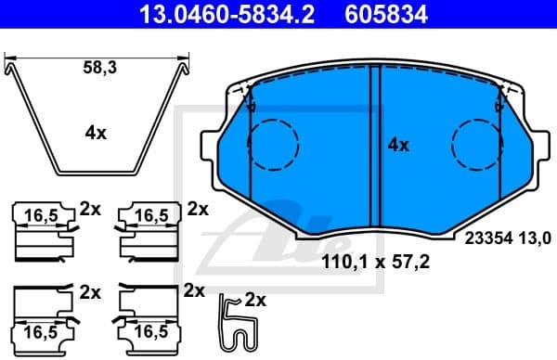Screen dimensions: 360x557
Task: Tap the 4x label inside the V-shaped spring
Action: (x=96, y=133)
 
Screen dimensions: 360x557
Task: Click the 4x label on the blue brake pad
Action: (x=398, y=145)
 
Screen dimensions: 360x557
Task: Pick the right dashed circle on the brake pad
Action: (x=477, y=146)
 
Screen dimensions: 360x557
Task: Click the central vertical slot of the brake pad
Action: (x=376, y=148)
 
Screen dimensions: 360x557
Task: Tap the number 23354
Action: (x=481, y=237)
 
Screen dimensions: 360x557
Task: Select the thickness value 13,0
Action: (x=527, y=237)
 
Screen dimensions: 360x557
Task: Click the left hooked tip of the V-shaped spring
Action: (x=11, y=66)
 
